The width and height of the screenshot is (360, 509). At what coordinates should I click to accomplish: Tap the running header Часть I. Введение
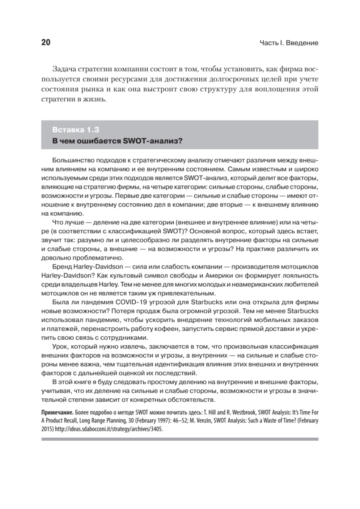pos(289,43)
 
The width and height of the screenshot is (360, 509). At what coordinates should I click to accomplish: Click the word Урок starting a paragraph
pos(60,346)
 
